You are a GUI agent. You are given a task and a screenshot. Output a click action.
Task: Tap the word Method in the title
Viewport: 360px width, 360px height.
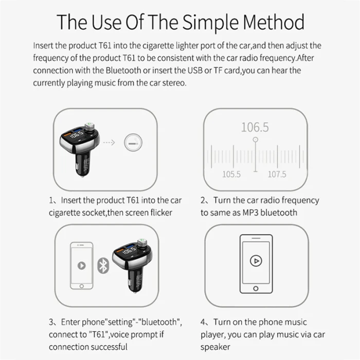tap(274, 22)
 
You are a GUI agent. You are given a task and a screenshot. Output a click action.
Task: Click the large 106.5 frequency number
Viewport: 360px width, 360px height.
tap(255, 128)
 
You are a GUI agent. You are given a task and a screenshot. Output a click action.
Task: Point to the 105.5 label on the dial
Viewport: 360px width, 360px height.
tap(231, 174)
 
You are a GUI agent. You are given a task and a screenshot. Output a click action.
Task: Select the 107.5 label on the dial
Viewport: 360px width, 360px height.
tap(277, 174)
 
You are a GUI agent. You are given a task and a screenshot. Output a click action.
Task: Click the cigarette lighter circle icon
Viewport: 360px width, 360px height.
tap(133, 142)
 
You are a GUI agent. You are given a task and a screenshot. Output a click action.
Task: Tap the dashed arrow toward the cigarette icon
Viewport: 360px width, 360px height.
tap(109, 142)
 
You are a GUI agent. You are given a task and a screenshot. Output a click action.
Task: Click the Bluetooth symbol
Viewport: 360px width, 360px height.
tap(103, 266)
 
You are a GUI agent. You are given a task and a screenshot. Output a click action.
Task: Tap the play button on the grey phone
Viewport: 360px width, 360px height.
tap(81, 266)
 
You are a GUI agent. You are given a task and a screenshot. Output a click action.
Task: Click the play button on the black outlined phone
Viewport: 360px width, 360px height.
tap(256, 261)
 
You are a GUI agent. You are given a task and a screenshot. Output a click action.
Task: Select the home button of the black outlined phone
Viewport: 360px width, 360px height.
tap(256, 289)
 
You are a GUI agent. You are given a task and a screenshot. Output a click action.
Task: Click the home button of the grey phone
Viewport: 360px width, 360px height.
tap(81, 286)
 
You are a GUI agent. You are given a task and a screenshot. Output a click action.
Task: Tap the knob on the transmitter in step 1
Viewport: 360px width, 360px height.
tap(89, 127)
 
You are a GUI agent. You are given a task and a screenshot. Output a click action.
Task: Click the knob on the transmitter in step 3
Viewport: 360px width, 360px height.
tap(142, 243)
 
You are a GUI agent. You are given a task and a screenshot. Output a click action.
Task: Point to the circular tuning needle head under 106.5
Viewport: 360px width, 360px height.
tap(255, 139)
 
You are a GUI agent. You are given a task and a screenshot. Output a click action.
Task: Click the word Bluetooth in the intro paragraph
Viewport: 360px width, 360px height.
tap(123, 70)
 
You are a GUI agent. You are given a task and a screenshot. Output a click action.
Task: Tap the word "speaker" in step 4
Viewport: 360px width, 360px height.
tap(215, 347)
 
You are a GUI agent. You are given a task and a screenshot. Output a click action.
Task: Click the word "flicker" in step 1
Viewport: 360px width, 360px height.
tap(161, 212)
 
